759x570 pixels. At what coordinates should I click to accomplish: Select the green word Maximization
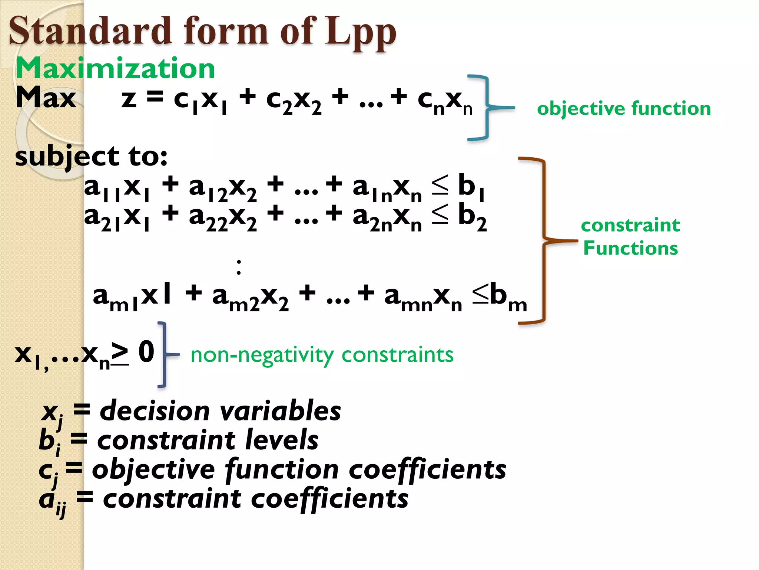115,69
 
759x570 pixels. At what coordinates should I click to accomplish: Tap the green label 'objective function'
624,108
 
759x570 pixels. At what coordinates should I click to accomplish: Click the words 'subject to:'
91,156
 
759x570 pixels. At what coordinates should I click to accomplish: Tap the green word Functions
630,248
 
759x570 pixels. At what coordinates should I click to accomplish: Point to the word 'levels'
282,440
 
